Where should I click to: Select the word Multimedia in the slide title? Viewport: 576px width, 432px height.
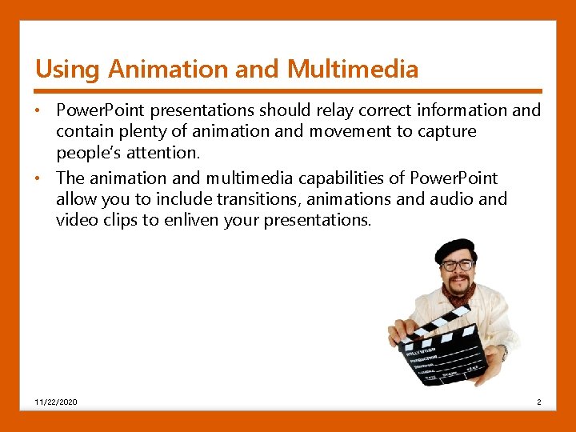(353, 70)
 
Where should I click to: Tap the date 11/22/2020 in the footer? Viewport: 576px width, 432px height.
(56, 402)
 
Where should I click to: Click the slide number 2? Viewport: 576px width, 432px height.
(539, 402)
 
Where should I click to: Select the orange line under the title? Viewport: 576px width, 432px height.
(288, 90)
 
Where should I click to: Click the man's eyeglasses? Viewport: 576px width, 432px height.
(457, 265)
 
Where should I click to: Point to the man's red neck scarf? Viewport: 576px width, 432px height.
(461, 295)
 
